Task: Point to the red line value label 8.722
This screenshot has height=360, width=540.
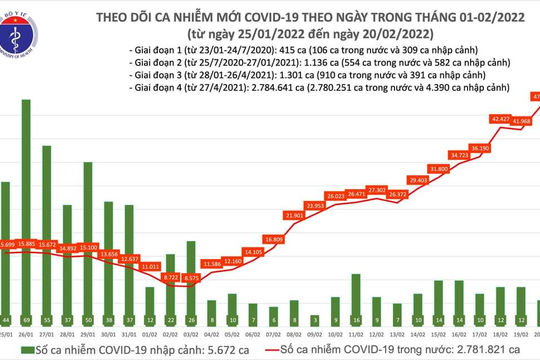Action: tap(172, 275)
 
